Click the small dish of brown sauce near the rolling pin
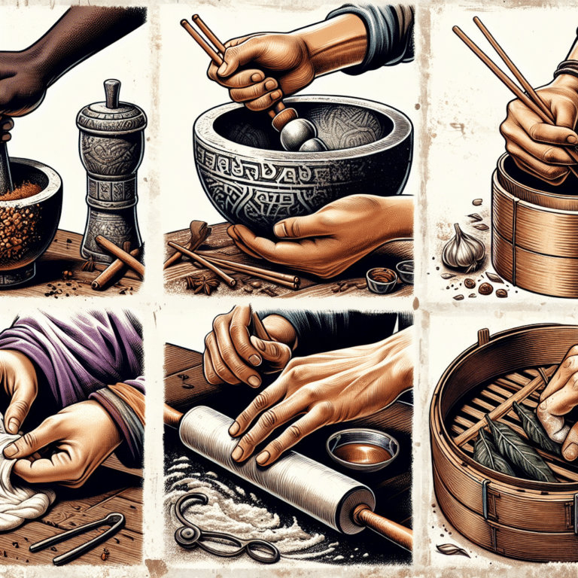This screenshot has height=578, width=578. point(362,450)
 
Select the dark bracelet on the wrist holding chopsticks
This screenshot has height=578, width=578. point(566,69)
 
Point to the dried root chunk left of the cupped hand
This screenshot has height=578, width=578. point(197,235)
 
